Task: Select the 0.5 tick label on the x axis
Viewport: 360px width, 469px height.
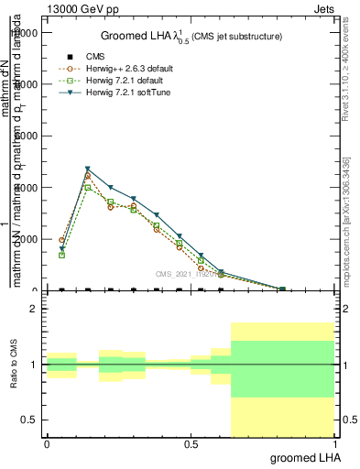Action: pos(191,444)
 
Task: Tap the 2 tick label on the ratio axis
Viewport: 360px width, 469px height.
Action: pos(35,309)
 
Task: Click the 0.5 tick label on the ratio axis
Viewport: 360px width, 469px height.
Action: pos(30,420)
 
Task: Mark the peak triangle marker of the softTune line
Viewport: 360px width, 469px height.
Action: pos(88,169)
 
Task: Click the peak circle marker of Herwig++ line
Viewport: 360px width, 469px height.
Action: pos(88,176)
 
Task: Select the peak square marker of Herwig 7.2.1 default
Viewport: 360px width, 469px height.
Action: pos(88,187)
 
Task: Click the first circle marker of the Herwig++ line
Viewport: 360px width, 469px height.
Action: pos(61,240)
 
